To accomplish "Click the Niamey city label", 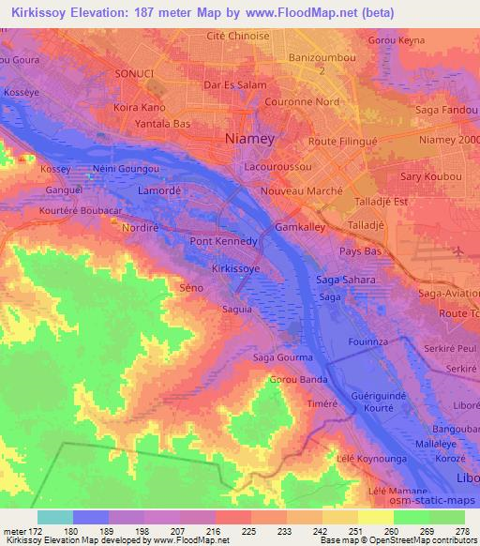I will click(249, 139).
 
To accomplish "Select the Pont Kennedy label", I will click(223, 241).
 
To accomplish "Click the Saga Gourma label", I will click(278, 357).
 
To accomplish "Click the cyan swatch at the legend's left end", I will click(55, 517).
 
